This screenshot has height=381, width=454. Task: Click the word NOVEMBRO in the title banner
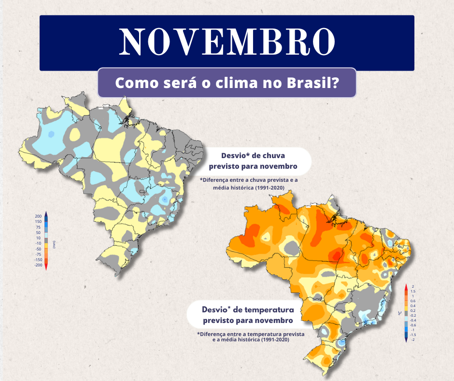(x=227, y=42)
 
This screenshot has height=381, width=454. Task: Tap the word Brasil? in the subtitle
(x=311, y=83)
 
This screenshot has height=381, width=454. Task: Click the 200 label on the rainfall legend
(x=38, y=216)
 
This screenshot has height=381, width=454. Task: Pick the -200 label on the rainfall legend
(x=38, y=265)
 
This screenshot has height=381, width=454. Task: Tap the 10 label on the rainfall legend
(x=38, y=238)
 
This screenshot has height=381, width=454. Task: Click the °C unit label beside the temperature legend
(x=399, y=313)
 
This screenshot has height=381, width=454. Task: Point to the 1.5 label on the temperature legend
(x=413, y=291)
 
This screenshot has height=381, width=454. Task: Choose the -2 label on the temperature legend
(x=413, y=339)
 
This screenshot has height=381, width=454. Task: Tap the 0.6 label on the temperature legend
(x=413, y=301)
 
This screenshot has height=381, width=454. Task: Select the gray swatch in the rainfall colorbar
(x=46, y=240)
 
